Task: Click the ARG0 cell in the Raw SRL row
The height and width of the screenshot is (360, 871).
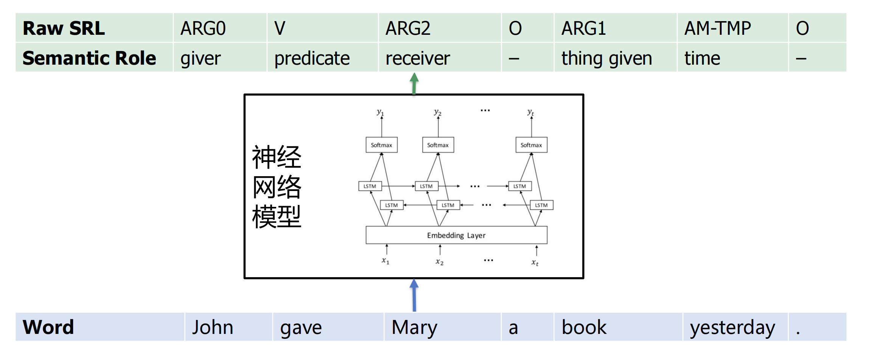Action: click(x=203, y=28)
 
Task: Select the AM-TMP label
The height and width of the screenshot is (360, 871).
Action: click(x=717, y=28)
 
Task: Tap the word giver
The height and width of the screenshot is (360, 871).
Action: click(x=201, y=59)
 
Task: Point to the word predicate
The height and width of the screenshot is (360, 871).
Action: click(x=312, y=59)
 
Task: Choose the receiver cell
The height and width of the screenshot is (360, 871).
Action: click(x=418, y=59)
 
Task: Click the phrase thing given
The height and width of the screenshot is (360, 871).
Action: click(x=607, y=59)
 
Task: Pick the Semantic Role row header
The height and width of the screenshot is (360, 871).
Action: click(x=89, y=58)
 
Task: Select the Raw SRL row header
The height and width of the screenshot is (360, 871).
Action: click(x=64, y=28)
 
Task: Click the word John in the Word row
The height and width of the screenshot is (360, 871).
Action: click(x=212, y=327)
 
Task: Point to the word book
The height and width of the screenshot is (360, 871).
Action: click(x=584, y=327)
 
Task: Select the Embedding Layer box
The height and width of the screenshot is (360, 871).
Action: click(x=456, y=235)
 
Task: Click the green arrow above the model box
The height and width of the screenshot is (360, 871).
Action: click(x=414, y=83)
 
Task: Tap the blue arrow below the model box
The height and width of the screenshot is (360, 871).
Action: click(x=414, y=295)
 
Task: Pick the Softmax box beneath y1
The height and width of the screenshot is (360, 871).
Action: click(x=381, y=145)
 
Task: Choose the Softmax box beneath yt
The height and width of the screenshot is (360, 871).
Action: click(x=531, y=145)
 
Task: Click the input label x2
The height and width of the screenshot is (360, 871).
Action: click(x=439, y=262)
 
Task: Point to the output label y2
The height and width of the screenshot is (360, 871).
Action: click(x=437, y=112)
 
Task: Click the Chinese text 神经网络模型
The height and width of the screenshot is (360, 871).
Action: click(x=277, y=186)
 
